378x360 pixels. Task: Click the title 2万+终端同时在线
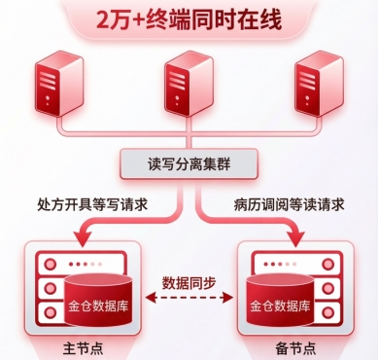click(x=189, y=20)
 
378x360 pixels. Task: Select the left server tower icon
click(x=58, y=84)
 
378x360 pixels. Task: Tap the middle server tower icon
click(x=189, y=84)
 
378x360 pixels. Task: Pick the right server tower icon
click(x=319, y=84)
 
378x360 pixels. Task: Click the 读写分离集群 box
click(x=189, y=163)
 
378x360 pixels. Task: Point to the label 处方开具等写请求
click(x=92, y=204)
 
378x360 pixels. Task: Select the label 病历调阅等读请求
click(x=289, y=204)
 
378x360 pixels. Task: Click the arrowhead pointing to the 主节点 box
click(x=82, y=237)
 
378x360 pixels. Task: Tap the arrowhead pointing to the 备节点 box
click(x=295, y=237)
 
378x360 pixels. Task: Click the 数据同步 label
click(x=189, y=282)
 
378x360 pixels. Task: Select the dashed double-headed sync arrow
click(x=189, y=297)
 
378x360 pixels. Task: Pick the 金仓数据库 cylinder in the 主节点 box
click(x=98, y=299)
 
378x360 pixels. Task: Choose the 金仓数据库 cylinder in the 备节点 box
click(x=280, y=299)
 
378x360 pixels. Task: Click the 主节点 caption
click(x=83, y=348)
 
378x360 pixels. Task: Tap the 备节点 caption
click(x=295, y=348)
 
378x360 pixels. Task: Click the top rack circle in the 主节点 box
click(x=50, y=264)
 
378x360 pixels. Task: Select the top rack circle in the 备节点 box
click(x=328, y=264)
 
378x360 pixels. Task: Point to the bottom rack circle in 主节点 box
click(x=50, y=313)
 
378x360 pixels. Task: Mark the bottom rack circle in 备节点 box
click(x=328, y=313)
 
